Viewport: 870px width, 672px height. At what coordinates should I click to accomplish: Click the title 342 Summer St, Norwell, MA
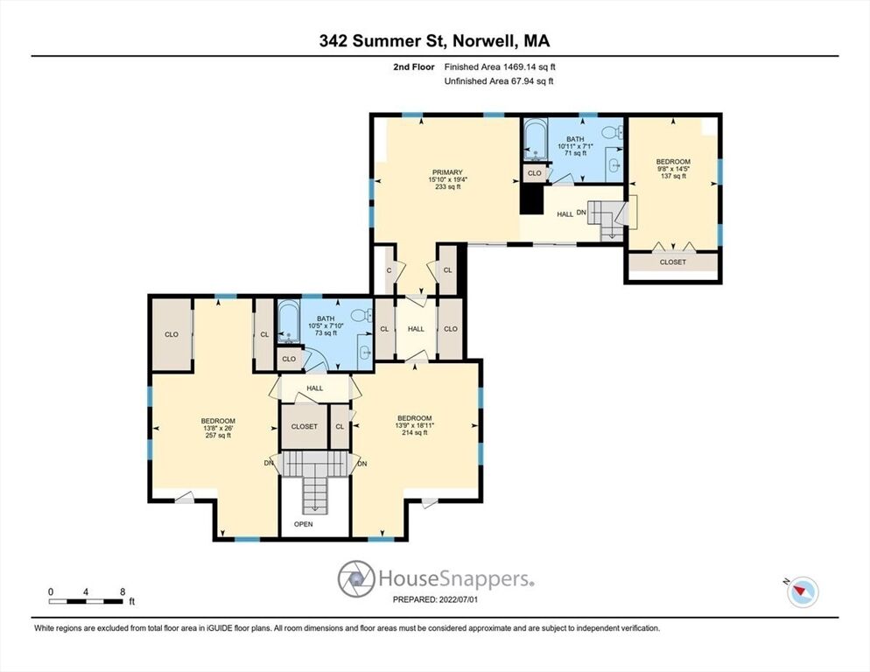pos(434,40)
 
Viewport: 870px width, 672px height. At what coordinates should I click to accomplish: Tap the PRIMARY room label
pos(448,172)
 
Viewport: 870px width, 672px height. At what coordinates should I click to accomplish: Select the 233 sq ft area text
pos(448,187)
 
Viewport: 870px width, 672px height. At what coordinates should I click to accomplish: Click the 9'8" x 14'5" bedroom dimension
pos(673,169)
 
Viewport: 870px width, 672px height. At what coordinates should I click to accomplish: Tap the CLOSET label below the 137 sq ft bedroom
pos(673,262)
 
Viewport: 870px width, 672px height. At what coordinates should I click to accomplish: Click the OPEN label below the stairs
pos(304,524)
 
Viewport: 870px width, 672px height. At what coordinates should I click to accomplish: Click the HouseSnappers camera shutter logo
pos(356,578)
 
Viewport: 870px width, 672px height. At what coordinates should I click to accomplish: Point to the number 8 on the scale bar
pos(122,591)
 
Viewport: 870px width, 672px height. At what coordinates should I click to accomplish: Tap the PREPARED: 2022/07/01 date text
pos(435,599)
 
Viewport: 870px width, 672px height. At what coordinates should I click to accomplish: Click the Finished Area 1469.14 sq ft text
pos(500,66)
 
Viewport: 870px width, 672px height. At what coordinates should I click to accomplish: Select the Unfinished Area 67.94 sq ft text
pos(499,81)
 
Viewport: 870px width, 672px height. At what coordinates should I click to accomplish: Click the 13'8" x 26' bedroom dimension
pos(218,428)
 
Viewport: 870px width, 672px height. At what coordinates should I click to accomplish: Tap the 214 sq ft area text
pos(415,433)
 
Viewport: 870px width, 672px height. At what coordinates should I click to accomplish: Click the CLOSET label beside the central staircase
pos(304,427)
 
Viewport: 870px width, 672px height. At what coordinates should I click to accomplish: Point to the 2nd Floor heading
pos(414,66)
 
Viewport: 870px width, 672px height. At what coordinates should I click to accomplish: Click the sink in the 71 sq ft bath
pos(614,164)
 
